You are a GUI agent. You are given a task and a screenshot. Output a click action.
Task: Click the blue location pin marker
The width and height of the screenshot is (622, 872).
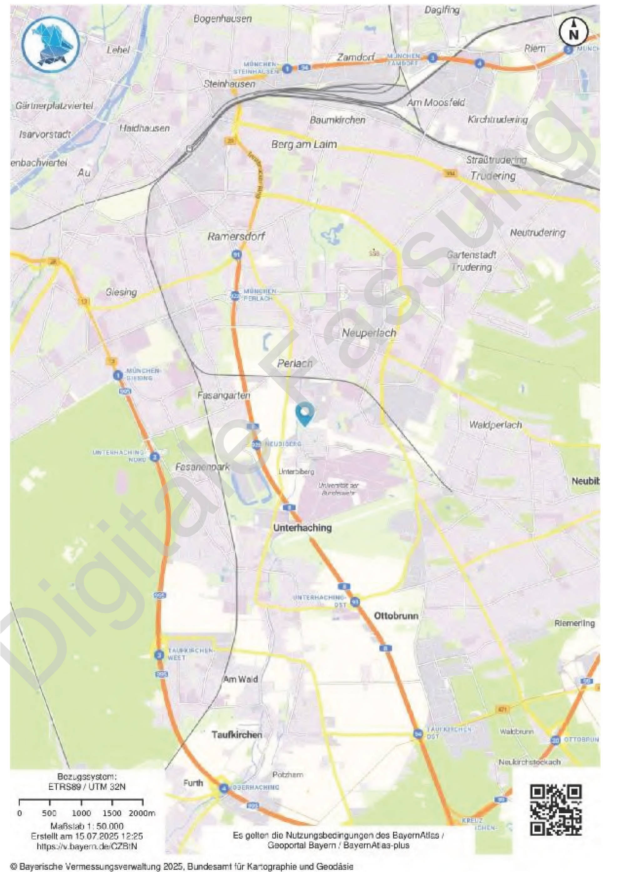pos(305,413)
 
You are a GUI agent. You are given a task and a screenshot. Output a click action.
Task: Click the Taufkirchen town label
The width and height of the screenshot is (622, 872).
pos(237,734)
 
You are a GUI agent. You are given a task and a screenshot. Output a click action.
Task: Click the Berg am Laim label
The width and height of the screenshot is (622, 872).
pos(304,144)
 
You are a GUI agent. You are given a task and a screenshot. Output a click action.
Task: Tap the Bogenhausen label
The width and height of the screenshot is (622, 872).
pos(223,18)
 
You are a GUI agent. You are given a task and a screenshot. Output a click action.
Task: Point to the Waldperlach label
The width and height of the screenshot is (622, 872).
pos(495,424)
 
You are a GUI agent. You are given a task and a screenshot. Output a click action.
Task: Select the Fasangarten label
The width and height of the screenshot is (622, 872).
pos(224,395)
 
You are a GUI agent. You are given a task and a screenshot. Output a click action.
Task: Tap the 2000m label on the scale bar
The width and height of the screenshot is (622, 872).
pos(142,813)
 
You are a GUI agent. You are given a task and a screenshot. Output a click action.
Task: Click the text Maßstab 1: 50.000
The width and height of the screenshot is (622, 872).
pos(87,826)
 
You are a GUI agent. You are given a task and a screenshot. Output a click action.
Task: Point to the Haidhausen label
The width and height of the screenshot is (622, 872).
pos(144,128)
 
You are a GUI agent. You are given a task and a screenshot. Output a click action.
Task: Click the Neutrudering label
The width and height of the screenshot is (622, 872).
pos(537,232)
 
